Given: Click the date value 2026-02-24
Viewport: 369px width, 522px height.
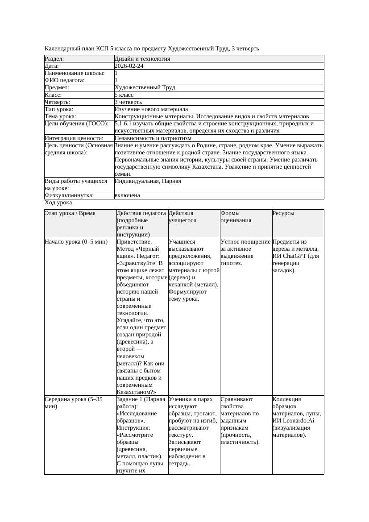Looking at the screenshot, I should [x=129, y=66].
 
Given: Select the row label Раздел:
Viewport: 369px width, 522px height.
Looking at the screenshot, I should [x=54, y=59].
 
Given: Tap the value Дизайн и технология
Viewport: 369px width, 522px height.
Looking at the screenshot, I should [x=142, y=59].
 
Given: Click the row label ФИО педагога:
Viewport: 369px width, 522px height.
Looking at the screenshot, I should [x=65, y=80].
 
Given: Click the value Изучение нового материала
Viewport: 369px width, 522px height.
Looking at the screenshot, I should [x=151, y=109].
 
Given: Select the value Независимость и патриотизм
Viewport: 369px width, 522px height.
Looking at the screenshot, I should [x=153, y=138].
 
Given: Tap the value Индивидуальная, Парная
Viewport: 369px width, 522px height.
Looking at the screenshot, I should [x=148, y=181].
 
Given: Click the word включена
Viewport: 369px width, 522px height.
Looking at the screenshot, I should [x=127, y=195].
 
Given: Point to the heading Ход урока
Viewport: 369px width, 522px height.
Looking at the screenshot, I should [x=58, y=203].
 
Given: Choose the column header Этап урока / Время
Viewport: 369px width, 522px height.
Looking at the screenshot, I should [x=70, y=213].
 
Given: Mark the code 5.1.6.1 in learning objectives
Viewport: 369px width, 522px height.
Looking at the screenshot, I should [x=124, y=124].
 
